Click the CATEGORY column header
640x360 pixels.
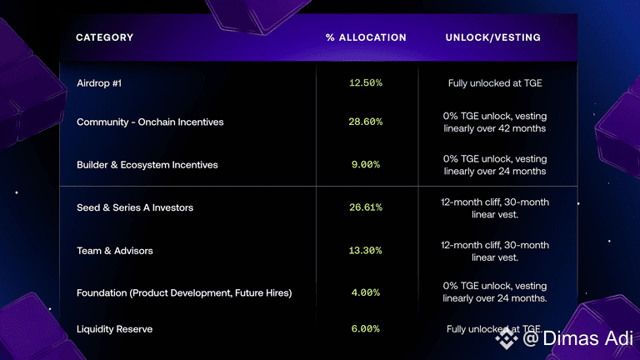(x=104, y=37)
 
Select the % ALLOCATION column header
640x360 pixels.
(x=366, y=37)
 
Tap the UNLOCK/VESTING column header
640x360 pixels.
(x=493, y=37)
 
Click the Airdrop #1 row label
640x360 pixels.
(x=99, y=83)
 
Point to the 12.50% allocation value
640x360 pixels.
(x=366, y=82)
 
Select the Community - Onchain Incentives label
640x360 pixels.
(x=150, y=122)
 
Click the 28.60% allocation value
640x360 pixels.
(x=366, y=122)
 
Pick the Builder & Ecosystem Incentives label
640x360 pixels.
(x=147, y=165)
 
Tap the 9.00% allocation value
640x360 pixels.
(x=366, y=164)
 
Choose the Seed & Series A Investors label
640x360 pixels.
(x=135, y=207)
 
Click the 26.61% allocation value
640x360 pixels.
(x=366, y=207)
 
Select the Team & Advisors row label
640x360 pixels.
(x=115, y=251)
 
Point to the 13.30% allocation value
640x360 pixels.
(x=366, y=250)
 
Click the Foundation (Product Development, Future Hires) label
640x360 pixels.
(x=184, y=293)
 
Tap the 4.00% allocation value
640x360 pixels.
(x=366, y=292)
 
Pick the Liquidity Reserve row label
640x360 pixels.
(x=115, y=329)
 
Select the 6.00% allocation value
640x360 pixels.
(x=366, y=328)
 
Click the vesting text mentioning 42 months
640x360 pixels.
(x=495, y=122)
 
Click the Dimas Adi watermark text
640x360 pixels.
(x=578, y=338)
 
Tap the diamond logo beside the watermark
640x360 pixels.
(x=507, y=338)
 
